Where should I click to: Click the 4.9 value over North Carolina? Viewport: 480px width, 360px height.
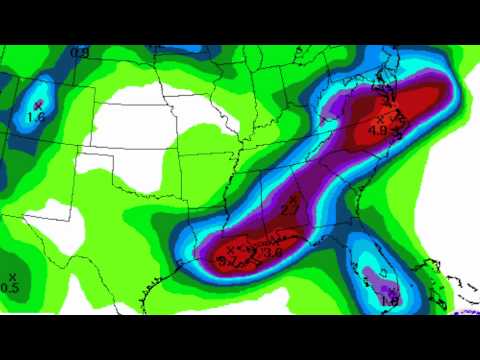point(379,129)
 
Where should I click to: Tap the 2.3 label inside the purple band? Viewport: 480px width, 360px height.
point(289,209)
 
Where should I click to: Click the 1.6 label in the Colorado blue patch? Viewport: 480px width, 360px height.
point(37,117)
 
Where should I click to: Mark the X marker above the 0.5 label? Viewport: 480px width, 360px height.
point(12,276)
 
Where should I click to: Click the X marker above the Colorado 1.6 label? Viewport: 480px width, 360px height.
point(39,104)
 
